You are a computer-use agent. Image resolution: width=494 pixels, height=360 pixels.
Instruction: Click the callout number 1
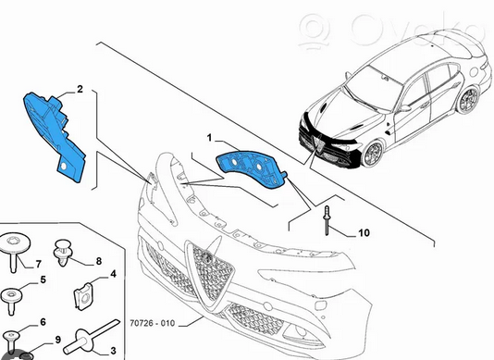[x=209, y=138]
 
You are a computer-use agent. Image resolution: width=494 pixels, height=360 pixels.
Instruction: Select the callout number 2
[x=80, y=89]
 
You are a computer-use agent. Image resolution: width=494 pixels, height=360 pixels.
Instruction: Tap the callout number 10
[x=364, y=233]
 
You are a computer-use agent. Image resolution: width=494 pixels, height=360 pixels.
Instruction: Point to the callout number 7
[x=38, y=264]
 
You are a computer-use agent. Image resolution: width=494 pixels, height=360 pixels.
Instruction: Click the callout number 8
[x=99, y=261]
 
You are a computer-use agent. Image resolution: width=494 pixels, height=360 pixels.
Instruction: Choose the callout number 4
[x=113, y=274]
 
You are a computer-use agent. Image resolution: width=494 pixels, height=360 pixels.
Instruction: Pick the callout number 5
[x=43, y=279]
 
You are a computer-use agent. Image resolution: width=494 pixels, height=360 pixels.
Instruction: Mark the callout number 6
[x=43, y=322]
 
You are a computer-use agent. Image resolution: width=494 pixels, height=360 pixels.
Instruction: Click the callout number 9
[x=57, y=340]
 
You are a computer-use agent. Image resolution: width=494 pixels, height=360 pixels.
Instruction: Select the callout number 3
[x=113, y=351]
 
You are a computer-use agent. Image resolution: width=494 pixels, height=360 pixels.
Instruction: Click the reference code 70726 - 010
[x=152, y=323]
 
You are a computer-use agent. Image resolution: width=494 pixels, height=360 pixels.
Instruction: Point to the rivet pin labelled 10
[x=327, y=220]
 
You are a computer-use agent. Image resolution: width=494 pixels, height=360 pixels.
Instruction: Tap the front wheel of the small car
[x=373, y=154]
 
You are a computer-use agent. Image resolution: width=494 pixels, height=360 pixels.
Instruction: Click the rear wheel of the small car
[x=467, y=100]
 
